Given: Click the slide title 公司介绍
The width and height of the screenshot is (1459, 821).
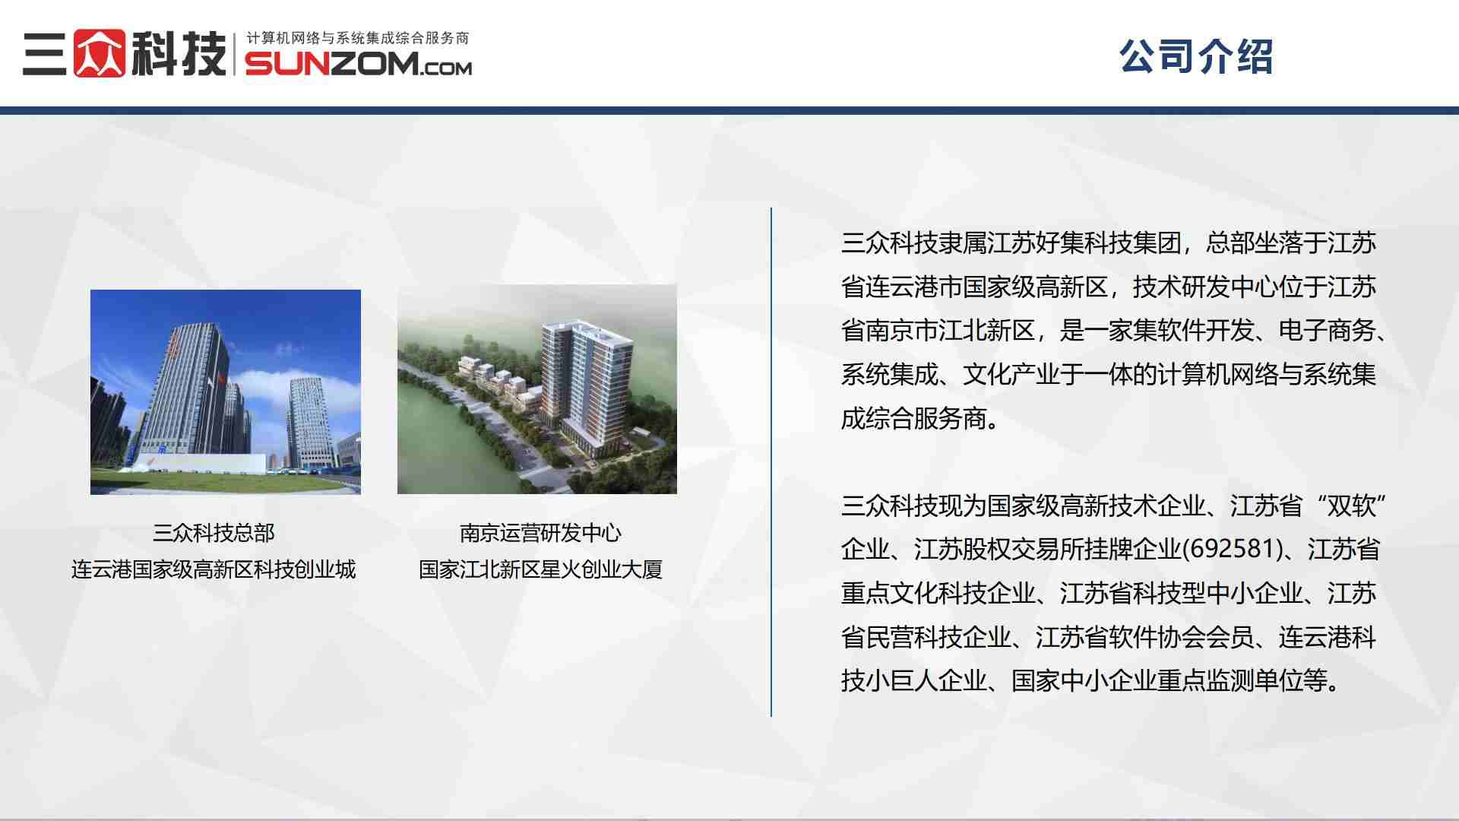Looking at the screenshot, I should pos(1195,56).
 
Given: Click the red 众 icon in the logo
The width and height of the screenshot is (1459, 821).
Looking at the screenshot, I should pos(99,53).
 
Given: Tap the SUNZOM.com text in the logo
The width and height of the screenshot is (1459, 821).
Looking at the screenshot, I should pos(358,65).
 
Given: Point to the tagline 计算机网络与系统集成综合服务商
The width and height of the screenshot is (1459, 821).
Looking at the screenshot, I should pos(357,38).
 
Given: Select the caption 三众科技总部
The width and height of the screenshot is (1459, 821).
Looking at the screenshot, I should pos(214,533).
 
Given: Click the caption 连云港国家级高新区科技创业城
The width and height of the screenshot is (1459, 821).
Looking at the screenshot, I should pos(214,569).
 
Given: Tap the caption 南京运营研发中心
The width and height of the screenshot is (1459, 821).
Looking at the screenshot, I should pos(540,533).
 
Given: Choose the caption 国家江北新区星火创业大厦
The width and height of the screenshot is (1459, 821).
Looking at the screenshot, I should pos(540,569).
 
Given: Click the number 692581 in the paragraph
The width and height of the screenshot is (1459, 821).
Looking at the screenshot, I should pos(1230,549).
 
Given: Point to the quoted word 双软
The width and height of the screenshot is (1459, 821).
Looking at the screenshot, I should pos(1351,506).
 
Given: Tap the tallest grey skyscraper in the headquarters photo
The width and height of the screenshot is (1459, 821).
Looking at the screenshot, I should pos(186,388).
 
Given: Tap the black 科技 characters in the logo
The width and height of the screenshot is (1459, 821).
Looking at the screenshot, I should pos(179,53).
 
